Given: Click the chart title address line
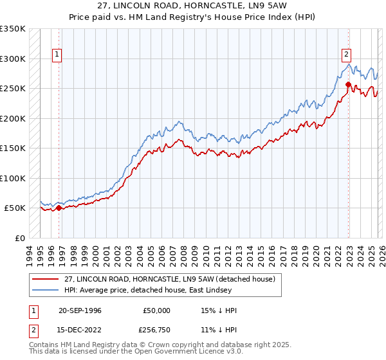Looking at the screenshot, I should coord(192,6).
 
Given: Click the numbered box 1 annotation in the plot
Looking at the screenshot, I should coord(57,55).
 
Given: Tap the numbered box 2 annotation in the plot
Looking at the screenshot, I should coord(346,55).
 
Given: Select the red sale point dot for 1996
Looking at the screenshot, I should coord(59,208).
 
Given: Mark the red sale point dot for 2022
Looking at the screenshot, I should coord(348,84).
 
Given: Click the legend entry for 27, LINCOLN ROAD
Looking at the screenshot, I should coord(169,278).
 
